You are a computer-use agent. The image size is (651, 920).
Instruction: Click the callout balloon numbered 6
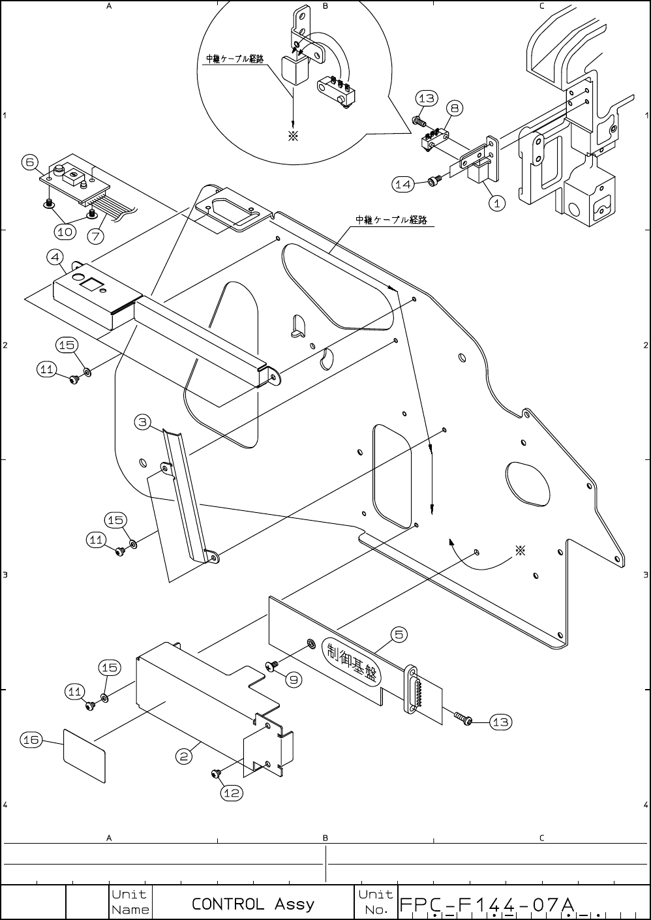tap(29, 162)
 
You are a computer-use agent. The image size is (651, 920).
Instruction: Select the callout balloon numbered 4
tap(55, 257)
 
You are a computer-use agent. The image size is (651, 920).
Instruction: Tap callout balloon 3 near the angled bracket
tap(144, 422)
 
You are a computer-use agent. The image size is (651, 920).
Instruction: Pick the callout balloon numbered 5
tap(399, 634)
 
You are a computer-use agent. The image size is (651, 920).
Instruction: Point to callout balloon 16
tap(31, 739)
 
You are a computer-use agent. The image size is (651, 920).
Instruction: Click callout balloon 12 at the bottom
tap(232, 793)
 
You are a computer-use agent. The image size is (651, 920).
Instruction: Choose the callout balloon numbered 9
tap(294, 679)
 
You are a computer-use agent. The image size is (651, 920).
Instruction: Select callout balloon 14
tap(403, 185)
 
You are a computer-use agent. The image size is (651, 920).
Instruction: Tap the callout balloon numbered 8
tap(455, 108)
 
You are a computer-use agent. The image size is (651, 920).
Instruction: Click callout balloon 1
tap(496, 203)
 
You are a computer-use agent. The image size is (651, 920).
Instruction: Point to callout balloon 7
tap(96, 236)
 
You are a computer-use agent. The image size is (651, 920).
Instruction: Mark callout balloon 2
tap(185, 756)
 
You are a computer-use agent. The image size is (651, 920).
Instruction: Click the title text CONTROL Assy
tap(253, 904)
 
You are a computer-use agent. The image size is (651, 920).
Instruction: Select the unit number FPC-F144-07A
tap(486, 905)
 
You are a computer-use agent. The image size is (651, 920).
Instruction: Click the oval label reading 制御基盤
tap(353, 664)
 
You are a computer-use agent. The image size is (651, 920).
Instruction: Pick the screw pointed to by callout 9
tap(271, 666)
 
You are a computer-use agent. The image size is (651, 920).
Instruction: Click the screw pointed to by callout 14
tap(432, 181)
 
